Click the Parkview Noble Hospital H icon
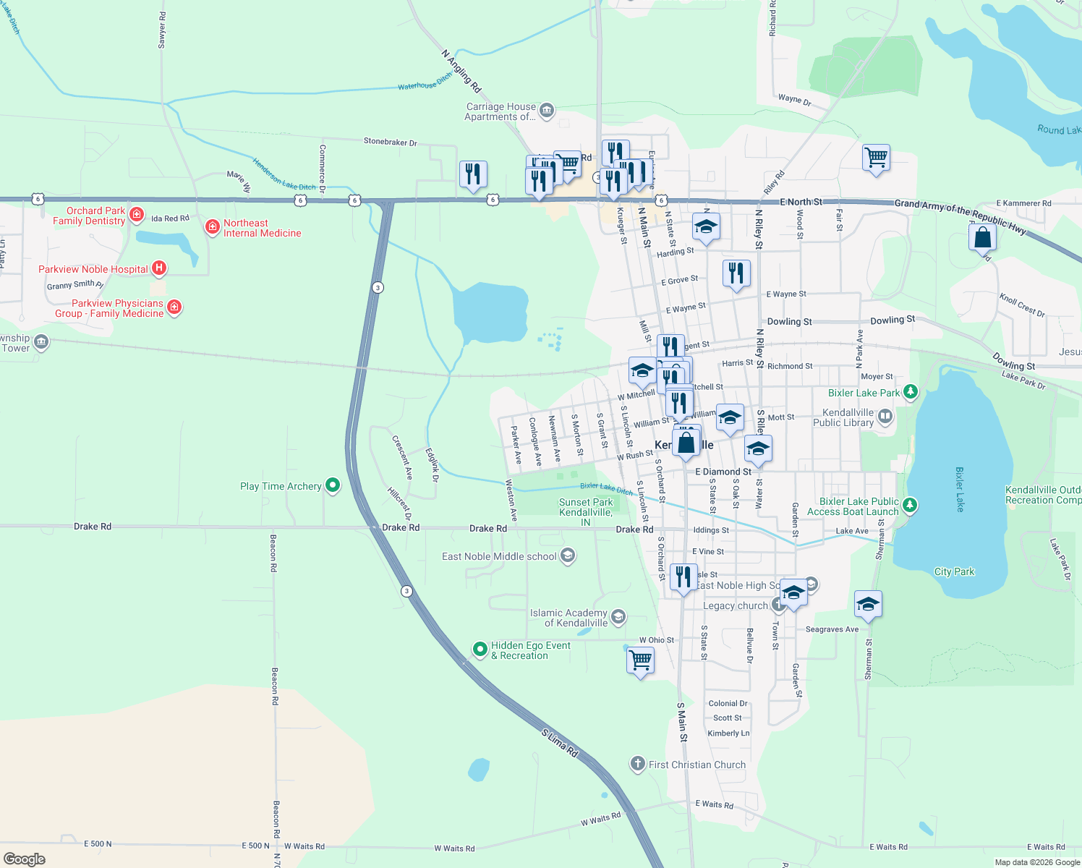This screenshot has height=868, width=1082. tap(159, 268)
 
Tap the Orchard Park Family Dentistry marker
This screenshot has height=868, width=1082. tap(136, 216)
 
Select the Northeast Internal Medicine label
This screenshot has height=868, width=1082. tap(261, 228)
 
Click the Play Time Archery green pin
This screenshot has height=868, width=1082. tap(333, 485)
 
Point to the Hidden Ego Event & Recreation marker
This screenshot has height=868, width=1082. tap(480, 650)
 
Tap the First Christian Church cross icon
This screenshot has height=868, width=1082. tap(637, 764)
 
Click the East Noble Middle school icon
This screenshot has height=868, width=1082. tap(568, 556)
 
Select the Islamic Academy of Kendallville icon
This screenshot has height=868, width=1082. tap(618, 617)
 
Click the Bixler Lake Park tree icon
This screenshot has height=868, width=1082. tap(910, 393)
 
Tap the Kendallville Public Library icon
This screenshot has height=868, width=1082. tap(885, 417)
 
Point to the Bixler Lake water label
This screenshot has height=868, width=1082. tap(959, 489)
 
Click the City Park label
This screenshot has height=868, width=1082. tap(954, 571)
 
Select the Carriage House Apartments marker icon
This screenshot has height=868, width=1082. tap(547, 111)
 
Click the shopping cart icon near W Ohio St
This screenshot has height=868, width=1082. tap(640, 660)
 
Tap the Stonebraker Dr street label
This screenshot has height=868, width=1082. tap(390, 142)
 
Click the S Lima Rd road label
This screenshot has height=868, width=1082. tap(561, 743)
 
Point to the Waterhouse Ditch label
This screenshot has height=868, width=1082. tap(425, 83)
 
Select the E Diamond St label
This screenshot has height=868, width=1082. tap(723, 472)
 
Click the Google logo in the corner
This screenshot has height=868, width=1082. tap(25, 859)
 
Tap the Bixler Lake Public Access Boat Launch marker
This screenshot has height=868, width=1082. tap(910, 505)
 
